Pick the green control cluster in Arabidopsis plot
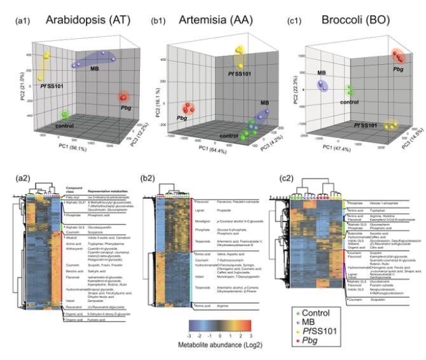tap(64, 115)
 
